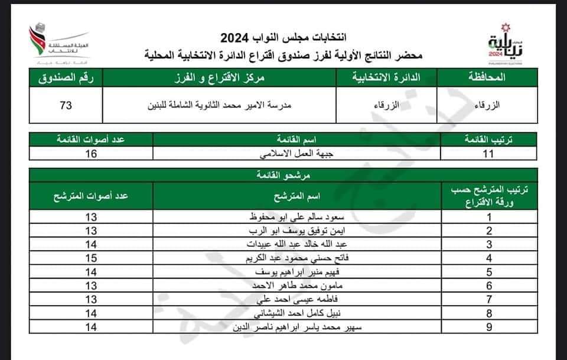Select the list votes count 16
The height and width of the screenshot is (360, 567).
point(91,154)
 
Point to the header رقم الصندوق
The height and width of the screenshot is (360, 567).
point(66,77)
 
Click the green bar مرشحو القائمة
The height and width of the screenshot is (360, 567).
point(283,176)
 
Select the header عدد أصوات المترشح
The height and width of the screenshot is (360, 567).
point(91,195)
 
